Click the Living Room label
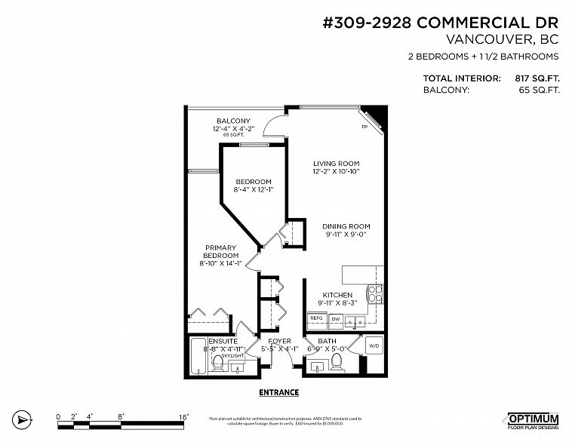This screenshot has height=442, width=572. (x=336, y=164)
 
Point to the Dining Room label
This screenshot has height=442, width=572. (x=346, y=226)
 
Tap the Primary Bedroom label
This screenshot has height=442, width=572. (x=220, y=252)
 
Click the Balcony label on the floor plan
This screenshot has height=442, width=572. (x=233, y=121)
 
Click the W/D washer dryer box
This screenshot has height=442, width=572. (x=374, y=346)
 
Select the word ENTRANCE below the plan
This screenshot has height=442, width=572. (x=278, y=392)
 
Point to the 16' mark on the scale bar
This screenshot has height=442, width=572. (x=183, y=416)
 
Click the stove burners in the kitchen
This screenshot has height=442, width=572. (x=375, y=293)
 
